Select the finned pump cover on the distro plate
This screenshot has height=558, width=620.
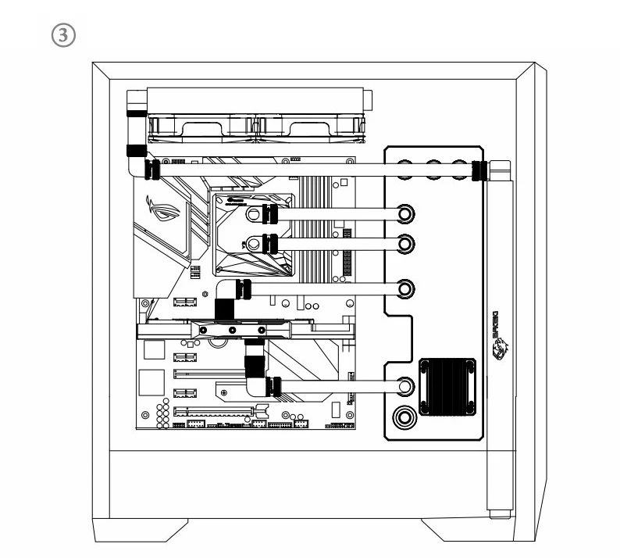tap(447, 386)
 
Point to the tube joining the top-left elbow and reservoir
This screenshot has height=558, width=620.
tap(312, 168)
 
